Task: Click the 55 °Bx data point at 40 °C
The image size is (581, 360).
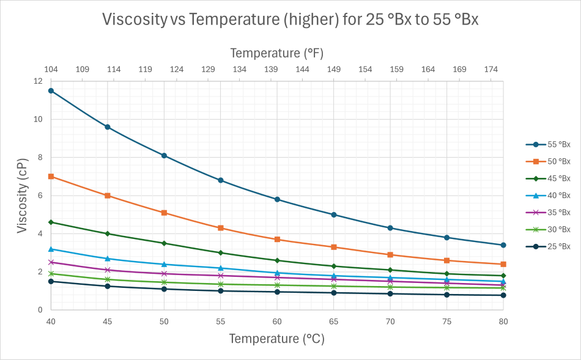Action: point(51,90)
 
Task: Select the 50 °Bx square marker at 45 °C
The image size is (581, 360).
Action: point(108,196)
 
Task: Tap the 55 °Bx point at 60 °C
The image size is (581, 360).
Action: point(277,199)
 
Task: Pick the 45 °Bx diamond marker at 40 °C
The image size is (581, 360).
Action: point(51,222)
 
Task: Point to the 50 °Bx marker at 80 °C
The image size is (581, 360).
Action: point(503,264)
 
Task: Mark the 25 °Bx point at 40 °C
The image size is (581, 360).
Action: point(51,281)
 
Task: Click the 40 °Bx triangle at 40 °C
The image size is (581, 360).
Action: point(51,249)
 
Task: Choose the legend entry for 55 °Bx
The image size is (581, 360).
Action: point(548,145)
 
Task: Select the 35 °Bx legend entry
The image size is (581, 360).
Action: point(548,213)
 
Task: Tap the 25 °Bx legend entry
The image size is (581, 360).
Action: point(548,246)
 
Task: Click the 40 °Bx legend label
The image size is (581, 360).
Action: point(557,196)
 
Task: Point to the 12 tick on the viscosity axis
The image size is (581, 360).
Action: point(39,81)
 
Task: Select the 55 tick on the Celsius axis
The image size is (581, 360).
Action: point(220,321)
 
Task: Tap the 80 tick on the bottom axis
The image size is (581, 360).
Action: point(503,321)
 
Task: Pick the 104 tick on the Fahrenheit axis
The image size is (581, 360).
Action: point(51,70)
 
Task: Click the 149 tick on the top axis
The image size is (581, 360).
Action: point(333,70)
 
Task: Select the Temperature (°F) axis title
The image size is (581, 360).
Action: point(277,53)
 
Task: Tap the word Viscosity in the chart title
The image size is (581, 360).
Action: point(135,20)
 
